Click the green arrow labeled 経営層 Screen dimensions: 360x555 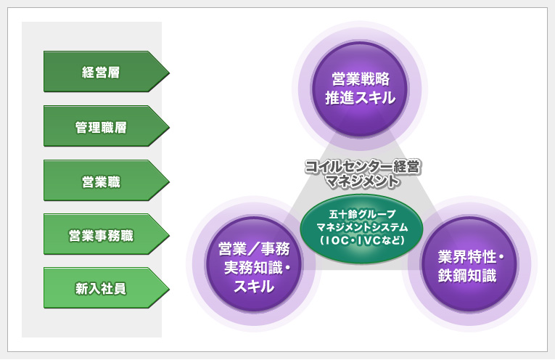pyautogui.click(x=102, y=71)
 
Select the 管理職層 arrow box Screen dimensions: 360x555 pyautogui.click(x=102, y=126)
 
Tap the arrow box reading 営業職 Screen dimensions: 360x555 pyautogui.click(x=102, y=181)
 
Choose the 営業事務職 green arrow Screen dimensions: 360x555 pyautogui.click(x=102, y=234)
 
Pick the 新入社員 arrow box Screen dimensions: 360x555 pyautogui.click(x=102, y=288)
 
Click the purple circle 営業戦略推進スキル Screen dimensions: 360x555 pyautogui.click(x=359, y=89)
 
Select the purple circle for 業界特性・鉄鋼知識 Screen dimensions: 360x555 pyautogui.click(x=469, y=266)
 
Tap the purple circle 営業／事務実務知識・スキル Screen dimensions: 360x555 pyautogui.click(x=255, y=266)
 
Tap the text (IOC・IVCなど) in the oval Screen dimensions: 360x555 pyautogui.click(x=361, y=240)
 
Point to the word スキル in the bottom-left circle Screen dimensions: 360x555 pyautogui.click(x=254, y=286)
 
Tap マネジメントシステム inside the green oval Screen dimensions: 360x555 pyautogui.click(x=361, y=227)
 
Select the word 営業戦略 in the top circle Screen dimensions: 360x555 pyautogui.click(x=360, y=78)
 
